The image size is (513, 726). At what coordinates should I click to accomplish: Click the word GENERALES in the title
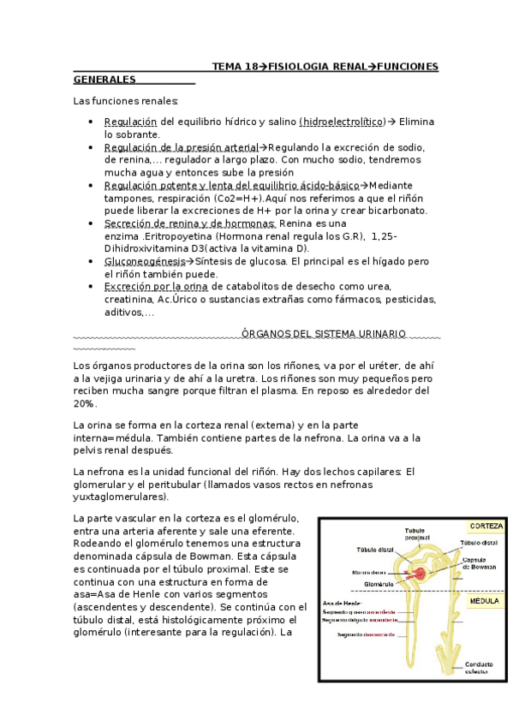[105, 80]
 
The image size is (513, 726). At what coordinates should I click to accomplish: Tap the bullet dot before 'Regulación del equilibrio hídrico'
[92, 122]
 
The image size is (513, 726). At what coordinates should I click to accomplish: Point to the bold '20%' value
[85, 403]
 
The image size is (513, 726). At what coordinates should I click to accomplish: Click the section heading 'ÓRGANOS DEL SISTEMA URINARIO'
[324, 333]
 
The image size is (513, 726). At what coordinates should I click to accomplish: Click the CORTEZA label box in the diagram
[486, 526]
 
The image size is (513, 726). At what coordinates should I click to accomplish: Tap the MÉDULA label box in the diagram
[484, 602]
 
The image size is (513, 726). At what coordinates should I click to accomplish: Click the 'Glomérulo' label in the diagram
[379, 584]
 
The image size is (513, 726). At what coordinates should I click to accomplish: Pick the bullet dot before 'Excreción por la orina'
[92, 287]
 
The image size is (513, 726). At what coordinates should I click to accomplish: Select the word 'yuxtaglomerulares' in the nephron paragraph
[120, 497]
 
